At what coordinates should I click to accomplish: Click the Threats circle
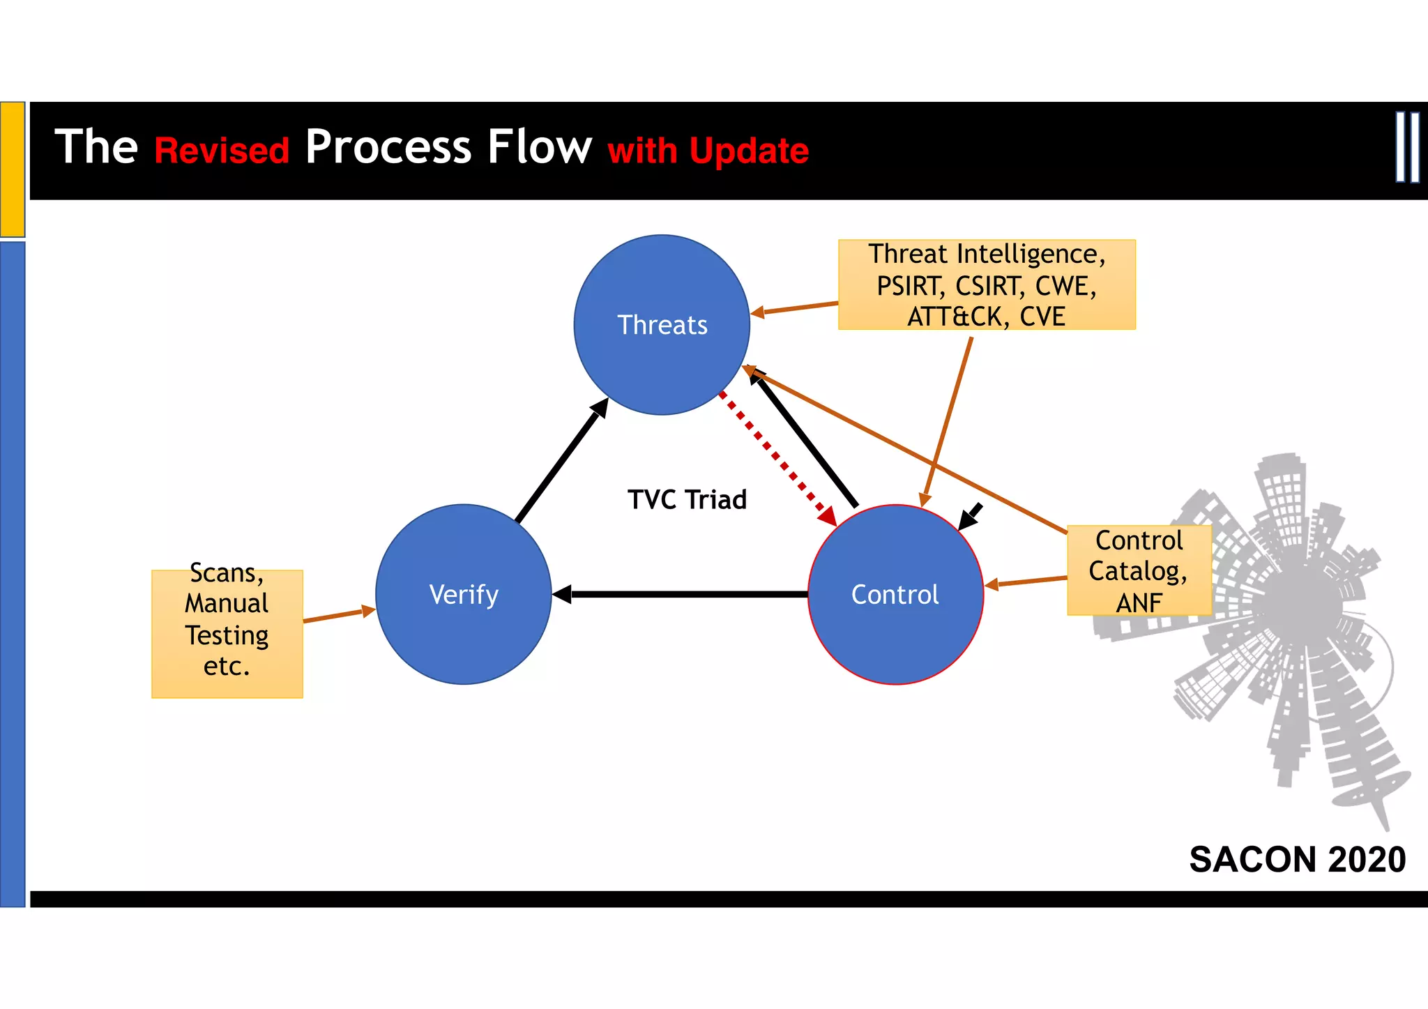[x=662, y=325]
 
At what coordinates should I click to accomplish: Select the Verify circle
[x=464, y=594]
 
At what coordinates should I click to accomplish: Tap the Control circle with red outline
[x=895, y=594]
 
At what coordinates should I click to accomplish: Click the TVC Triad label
[x=687, y=499]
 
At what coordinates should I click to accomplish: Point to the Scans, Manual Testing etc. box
[x=227, y=633]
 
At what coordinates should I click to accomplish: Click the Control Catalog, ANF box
[x=1139, y=570]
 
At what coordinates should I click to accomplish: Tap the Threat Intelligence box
[x=986, y=285]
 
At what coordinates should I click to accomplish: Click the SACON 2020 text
[x=1297, y=859]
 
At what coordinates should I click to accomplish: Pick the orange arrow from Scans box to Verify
[x=339, y=614]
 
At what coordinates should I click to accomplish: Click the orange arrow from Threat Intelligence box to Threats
[x=795, y=308]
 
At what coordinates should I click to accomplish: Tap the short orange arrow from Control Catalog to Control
[x=1025, y=582]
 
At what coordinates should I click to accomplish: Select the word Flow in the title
[x=539, y=147]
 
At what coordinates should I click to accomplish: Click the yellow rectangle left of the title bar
[x=13, y=169]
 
